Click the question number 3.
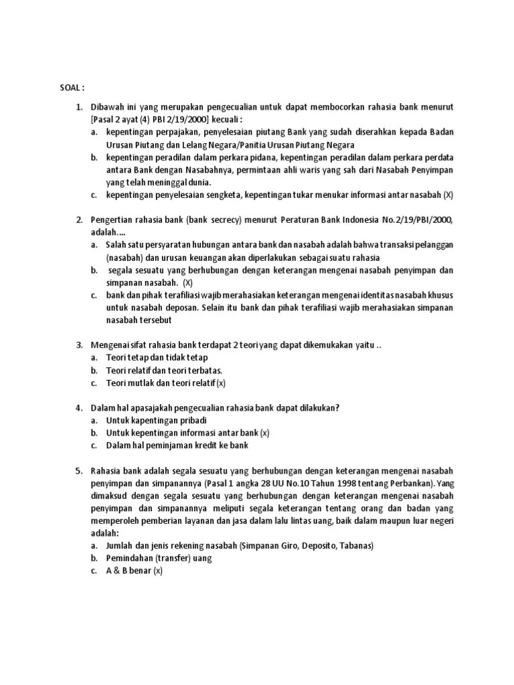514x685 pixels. [78, 345]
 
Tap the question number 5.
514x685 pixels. [78, 470]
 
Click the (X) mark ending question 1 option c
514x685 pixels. [448, 195]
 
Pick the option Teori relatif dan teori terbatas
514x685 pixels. [164, 370]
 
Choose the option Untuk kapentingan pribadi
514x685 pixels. [156, 420]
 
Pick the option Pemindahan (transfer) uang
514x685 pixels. [159, 558]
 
